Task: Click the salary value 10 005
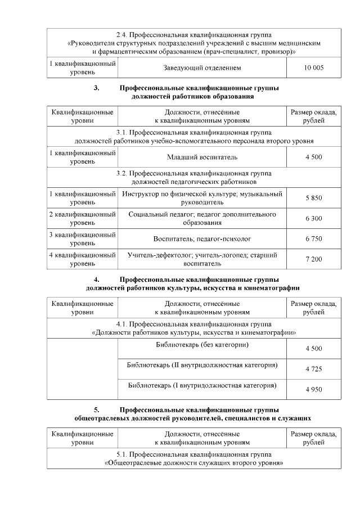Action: (313, 68)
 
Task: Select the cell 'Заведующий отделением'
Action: (202, 68)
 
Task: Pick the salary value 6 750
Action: (313, 238)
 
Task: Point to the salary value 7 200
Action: (313, 259)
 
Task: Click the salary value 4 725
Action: (313, 369)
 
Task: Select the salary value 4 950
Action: (313, 389)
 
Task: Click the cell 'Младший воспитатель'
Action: (202, 157)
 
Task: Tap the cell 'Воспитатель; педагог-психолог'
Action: (202, 238)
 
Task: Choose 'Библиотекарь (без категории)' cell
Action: (202, 344)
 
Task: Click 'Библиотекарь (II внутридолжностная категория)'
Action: (202, 365)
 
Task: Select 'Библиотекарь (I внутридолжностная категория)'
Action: (202, 386)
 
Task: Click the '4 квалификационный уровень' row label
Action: (82, 259)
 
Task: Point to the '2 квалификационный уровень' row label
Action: (82, 218)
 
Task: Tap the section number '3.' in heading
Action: (96, 88)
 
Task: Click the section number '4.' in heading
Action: (96, 280)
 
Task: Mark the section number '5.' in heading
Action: (96, 410)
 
